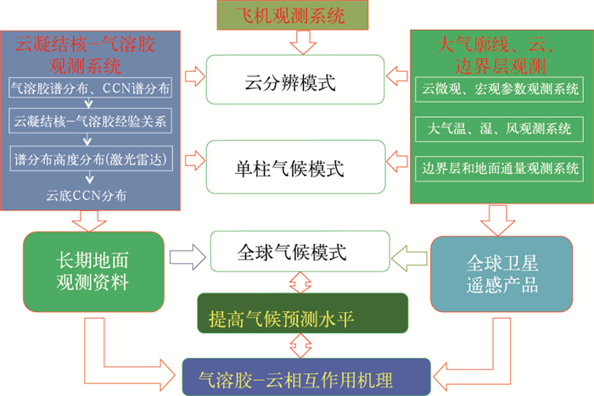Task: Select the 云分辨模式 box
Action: (x=290, y=82)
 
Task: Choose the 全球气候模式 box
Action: (x=290, y=252)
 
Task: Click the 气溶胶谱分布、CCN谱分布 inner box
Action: (x=91, y=88)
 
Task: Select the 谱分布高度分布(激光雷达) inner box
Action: (x=91, y=159)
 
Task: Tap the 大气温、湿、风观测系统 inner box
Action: (x=501, y=129)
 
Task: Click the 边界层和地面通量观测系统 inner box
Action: (x=501, y=167)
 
